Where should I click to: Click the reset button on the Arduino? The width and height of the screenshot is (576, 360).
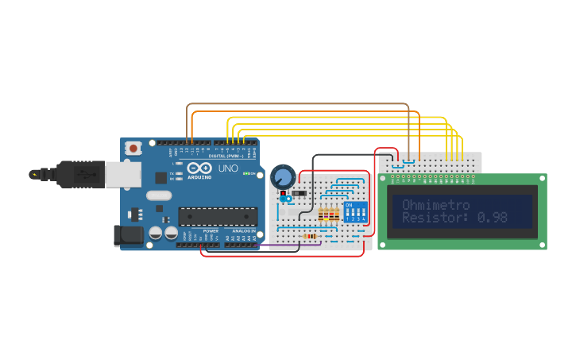pos(134,148)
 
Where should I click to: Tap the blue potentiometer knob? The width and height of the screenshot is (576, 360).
pos(282,176)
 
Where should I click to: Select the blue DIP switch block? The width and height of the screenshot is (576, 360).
pos(355,212)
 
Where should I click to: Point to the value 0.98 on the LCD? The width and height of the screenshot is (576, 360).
pos(492,217)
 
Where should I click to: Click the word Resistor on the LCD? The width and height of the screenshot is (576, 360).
pos(434,217)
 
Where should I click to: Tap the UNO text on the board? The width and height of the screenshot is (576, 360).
pos(228,168)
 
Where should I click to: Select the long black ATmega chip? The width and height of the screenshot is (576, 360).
pos(217,216)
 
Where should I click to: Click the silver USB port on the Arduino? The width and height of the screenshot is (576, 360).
pos(123,174)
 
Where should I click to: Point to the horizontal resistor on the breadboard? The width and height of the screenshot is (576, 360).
pos(311,236)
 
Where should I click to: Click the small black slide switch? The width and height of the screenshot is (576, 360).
pos(298,193)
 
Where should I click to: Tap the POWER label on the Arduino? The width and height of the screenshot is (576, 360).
pos(211,230)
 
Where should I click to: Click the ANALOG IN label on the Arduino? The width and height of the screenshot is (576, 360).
pos(244,230)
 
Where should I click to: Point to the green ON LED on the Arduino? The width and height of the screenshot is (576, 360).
pos(245,173)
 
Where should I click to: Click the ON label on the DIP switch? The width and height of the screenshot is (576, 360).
pos(348,204)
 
